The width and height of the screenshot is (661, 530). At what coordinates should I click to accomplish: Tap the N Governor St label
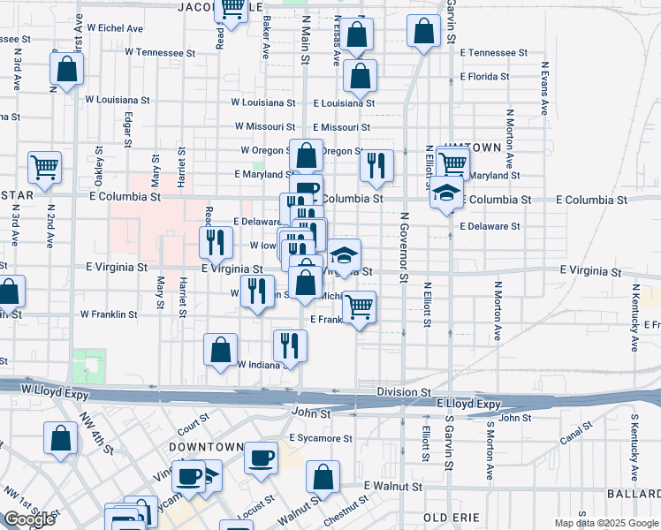[402, 247]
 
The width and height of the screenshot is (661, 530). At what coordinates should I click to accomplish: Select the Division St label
[403, 391]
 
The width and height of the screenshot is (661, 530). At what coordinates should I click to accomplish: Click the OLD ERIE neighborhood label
[452, 517]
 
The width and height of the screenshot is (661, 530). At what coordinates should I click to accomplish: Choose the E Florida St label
[485, 77]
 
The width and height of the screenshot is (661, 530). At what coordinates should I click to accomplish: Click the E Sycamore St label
[320, 438]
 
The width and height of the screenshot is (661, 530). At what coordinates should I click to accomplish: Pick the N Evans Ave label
[545, 89]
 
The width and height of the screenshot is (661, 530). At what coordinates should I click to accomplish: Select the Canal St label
[575, 434]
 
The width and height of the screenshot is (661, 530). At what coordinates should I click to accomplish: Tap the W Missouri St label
[263, 127]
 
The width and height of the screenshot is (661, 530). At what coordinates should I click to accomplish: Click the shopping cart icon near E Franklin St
[360, 307]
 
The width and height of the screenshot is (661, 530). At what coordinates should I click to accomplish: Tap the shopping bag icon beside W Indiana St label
[220, 349]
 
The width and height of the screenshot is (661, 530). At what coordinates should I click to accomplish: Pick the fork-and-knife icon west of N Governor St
[376, 165]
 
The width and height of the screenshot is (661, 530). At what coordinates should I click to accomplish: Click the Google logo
[29, 519]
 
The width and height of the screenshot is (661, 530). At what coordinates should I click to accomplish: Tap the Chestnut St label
[346, 511]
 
